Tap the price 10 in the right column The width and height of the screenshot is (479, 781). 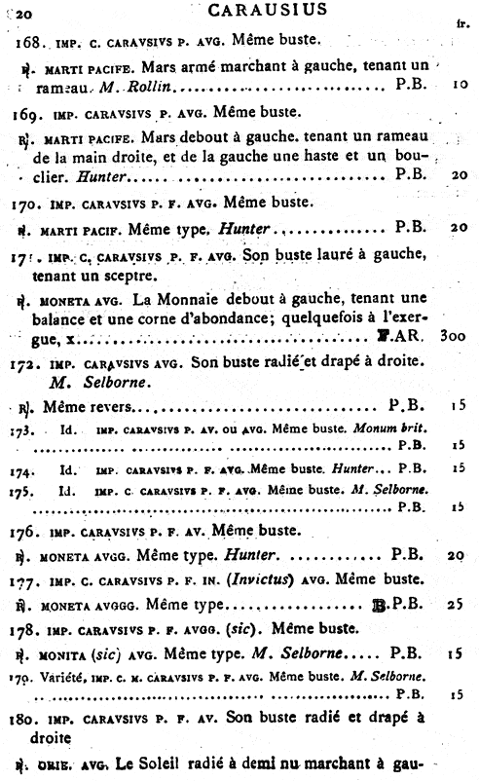pyautogui.click(x=456, y=92)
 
